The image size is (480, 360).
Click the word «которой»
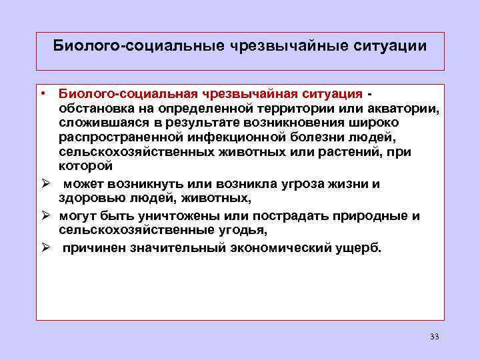(85, 167)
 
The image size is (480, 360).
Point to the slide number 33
(435, 336)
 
